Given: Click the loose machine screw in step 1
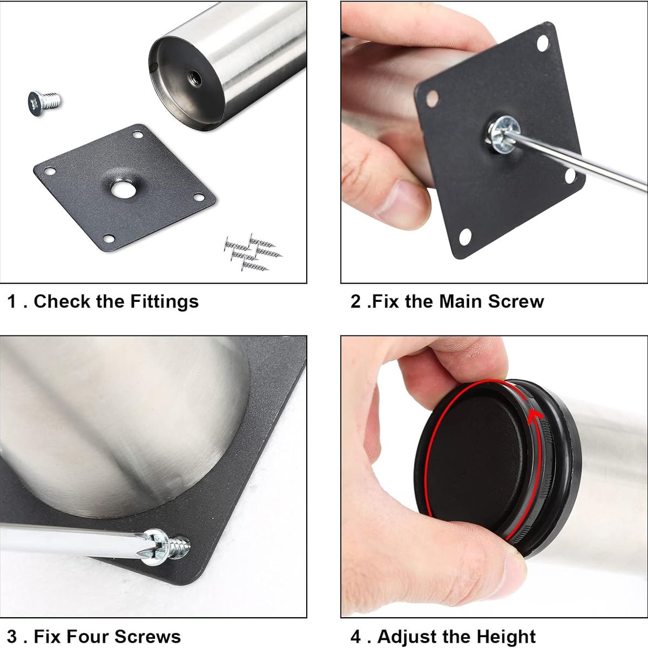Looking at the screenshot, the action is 44,103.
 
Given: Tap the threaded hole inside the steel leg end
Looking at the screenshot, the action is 195,78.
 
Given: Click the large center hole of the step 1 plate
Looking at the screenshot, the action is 124,190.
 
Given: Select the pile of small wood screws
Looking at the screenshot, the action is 253,252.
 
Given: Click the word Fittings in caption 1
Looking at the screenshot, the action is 165,302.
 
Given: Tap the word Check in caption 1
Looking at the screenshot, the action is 63,301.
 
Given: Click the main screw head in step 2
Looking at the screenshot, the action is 503,134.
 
